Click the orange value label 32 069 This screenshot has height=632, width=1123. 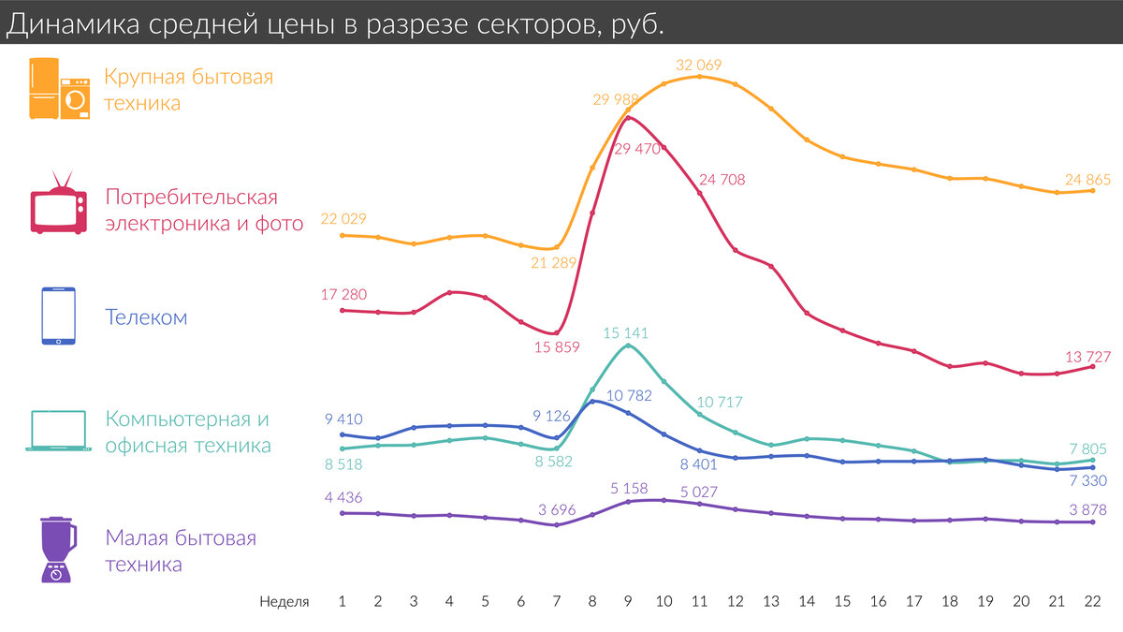699,65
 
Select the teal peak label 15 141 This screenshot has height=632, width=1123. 626,332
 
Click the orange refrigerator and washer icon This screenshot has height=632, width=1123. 60,88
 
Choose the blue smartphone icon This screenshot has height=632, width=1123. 58,316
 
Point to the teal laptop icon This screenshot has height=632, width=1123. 58,431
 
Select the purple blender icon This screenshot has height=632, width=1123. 58,550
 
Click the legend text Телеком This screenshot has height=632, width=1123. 146,317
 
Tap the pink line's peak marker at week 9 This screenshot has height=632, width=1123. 627,117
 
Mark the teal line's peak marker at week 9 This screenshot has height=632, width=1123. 627,345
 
